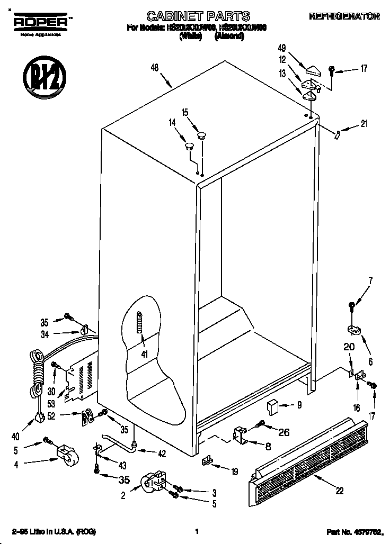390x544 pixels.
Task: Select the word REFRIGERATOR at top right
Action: pyautogui.click(x=344, y=16)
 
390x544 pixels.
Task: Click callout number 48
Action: pyautogui.click(x=155, y=67)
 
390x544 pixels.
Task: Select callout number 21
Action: pyautogui.click(x=364, y=124)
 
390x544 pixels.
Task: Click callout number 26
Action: pyautogui.click(x=284, y=432)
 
